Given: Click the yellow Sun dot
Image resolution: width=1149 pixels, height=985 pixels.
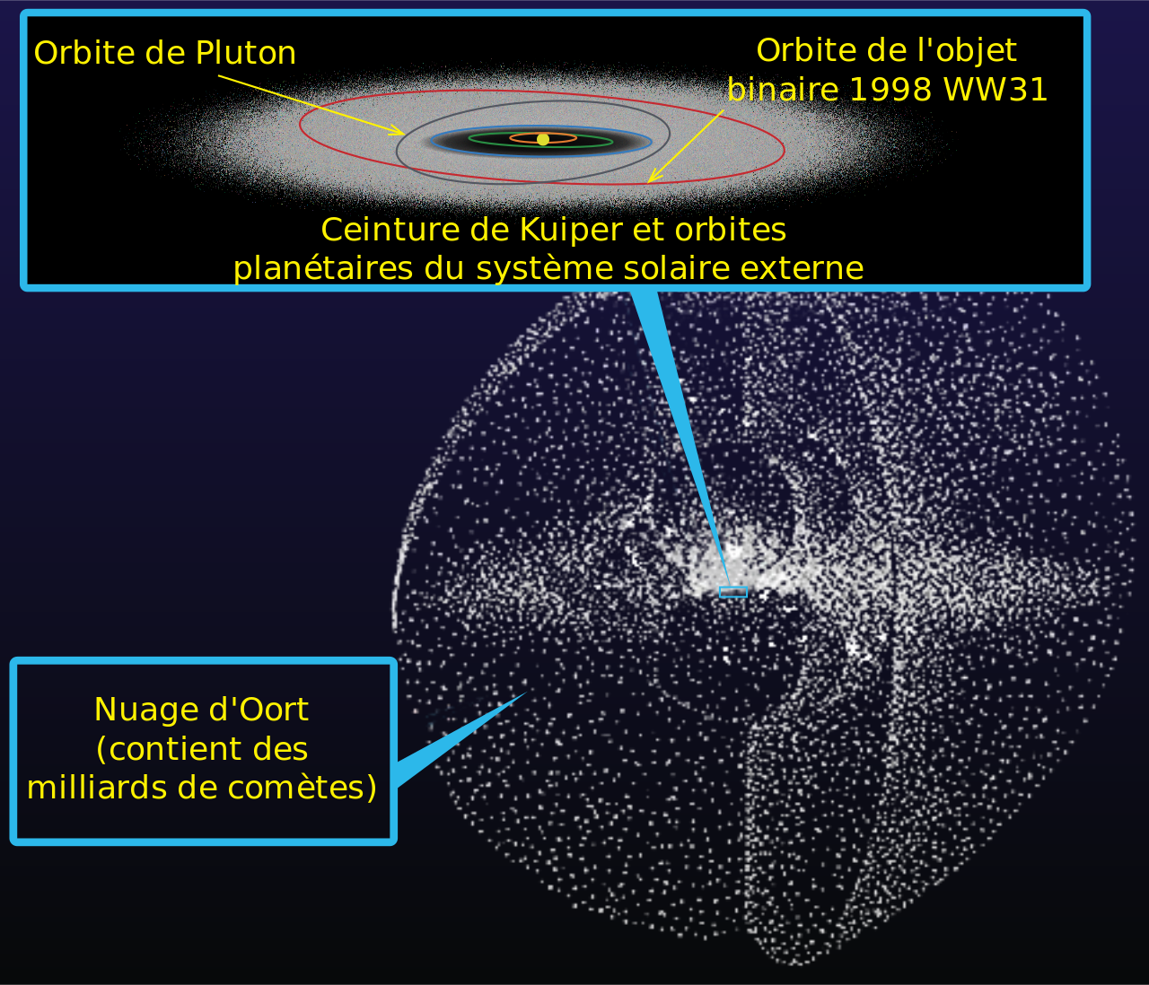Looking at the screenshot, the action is [x=543, y=139].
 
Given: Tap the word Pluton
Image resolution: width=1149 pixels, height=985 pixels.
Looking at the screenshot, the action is [x=245, y=53].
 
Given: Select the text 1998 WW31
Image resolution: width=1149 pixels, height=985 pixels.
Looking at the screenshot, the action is [x=948, y=90].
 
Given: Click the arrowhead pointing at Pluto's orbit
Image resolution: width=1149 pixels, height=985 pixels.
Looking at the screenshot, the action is [x=398, y=131].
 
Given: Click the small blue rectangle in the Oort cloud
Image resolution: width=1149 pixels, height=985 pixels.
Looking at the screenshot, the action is [x=732, y=592].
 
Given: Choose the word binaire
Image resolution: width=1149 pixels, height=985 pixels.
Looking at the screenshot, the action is [x=783, y=90].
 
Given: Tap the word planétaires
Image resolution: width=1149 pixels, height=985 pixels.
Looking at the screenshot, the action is [x=323, y=269].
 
